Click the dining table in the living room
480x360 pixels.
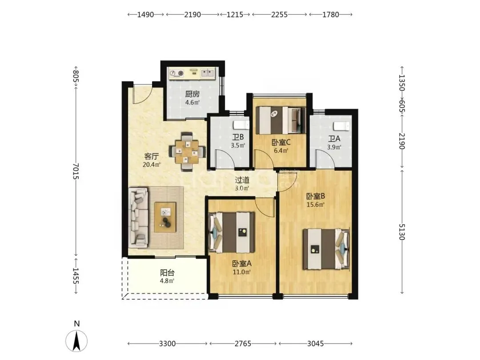click(x=187, y=152)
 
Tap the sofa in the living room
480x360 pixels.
click(x=138, y=218)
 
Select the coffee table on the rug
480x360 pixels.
click(x=165, y=217)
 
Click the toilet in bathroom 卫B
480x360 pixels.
click(x=242, y=125)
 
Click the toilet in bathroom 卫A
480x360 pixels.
click(x=341, y=126)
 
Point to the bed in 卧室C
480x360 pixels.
click(x=281, y=120)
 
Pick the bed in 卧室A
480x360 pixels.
click(x=232, y=232)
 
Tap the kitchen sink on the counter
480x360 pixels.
click(x=208, y=73)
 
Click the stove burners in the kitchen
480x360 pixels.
click(x=177, y=73)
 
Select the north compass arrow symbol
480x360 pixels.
click(x=76, y=341)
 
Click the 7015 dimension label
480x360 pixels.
click(x=76, y=171)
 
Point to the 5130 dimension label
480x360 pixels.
click(x=402, y=232)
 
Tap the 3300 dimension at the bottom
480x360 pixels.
click(x=168, y=344)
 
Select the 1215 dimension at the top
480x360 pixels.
click(x=235, y=14)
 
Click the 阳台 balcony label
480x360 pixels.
click(x=167, y=272)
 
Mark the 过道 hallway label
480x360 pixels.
click(x=242, y=180)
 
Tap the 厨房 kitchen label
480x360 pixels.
click(x=192, y=94)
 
